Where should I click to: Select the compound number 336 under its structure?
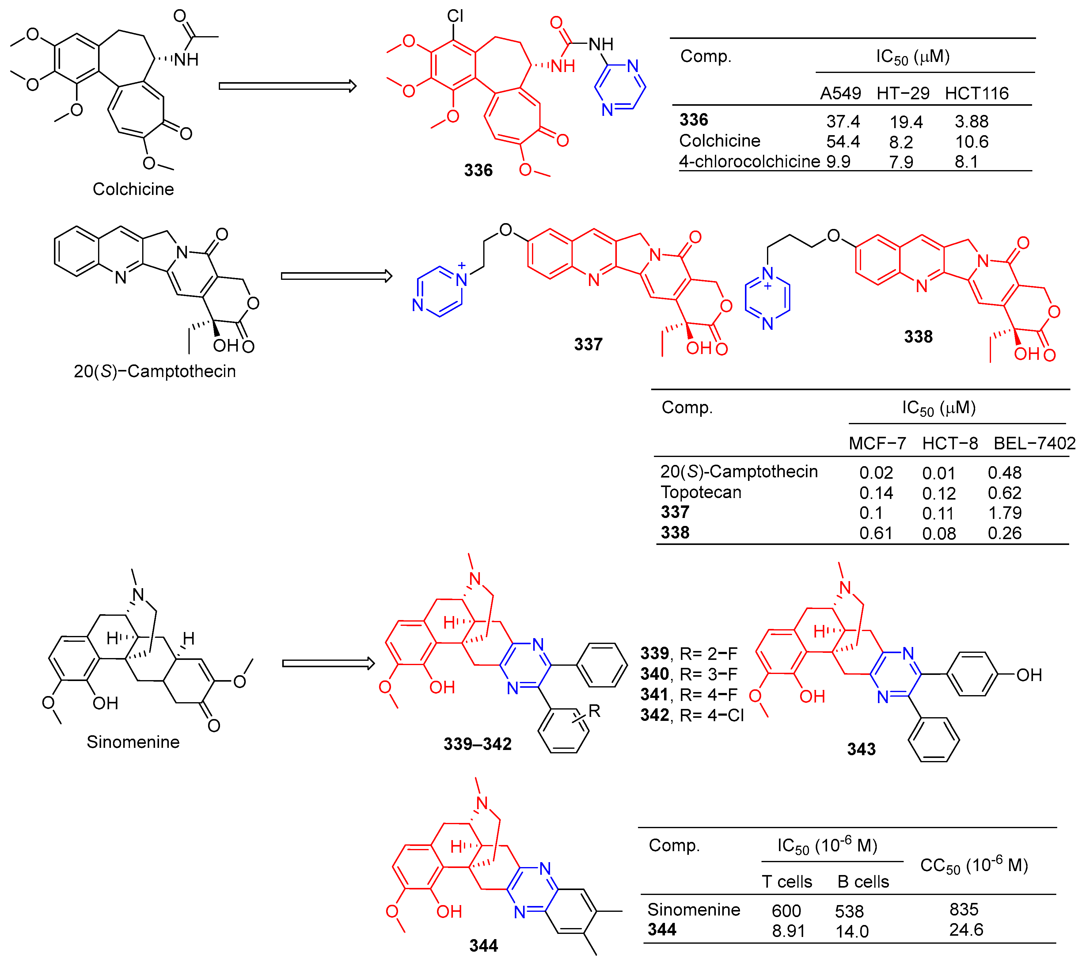click(478, 170)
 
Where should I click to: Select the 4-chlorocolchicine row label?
click(749, 161)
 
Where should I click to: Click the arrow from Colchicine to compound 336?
click(287, 86)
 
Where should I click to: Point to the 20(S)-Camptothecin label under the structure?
click(155, 371)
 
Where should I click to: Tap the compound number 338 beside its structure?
click(918, 337)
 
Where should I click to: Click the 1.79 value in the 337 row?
click(1004, 513)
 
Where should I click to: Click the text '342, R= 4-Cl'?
click(691, 715)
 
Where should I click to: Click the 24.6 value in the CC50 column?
click(966, 930)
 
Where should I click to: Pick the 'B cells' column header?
click(863, 882)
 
